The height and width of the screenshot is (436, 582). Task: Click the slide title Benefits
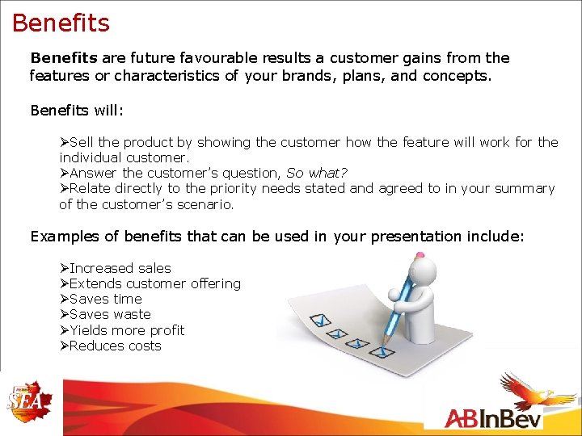(x=61, y=23)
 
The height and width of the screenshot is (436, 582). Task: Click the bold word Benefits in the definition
(x=63, y=58)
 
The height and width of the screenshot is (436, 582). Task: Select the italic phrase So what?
(x=317, y=173)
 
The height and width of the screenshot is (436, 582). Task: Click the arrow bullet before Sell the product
(x=64, y=142)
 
